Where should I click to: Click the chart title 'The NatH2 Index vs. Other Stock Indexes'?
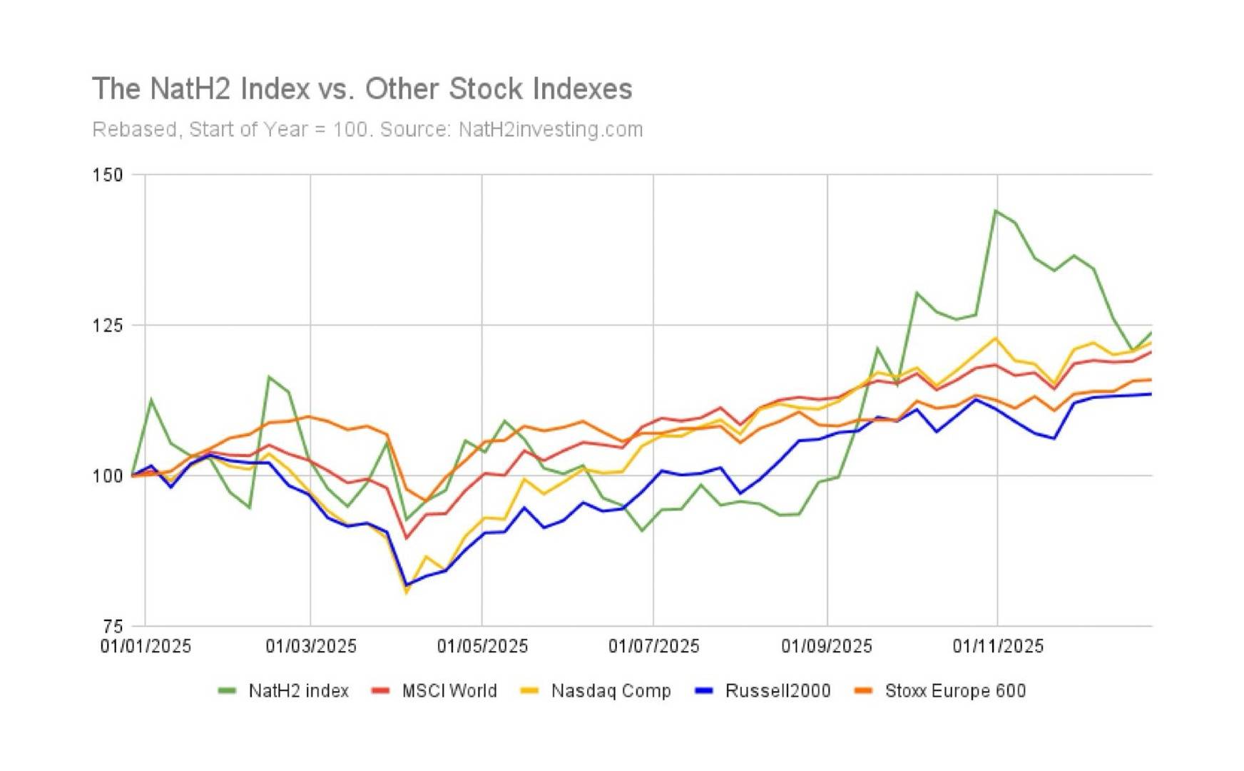coord(362,89)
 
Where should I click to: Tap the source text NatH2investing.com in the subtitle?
coord(550,130)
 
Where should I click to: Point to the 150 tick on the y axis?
coord(108,175)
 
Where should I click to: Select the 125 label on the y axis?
coord(108,326)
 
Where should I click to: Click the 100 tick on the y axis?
coord(108,476)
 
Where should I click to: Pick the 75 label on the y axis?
coord(113,626)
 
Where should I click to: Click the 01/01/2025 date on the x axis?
coord(146,647)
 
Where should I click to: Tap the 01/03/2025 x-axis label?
coord(311,647)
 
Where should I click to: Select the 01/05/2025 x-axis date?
coord(482,647)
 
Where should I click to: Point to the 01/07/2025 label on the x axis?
coord(653,647)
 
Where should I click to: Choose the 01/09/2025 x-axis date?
coord(826,647)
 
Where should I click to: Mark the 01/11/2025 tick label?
coord(998,647)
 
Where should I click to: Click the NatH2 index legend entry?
coord(298,691)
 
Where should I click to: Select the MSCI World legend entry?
coord(449,691)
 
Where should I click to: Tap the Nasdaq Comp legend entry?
coord(611,691)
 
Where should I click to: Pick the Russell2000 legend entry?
coord(777,691)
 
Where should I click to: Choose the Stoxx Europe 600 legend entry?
coord(955,691)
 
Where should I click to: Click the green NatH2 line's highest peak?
coord(995,211)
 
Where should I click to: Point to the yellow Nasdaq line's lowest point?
coord(407,593)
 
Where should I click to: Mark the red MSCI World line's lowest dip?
coord(407,538)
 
